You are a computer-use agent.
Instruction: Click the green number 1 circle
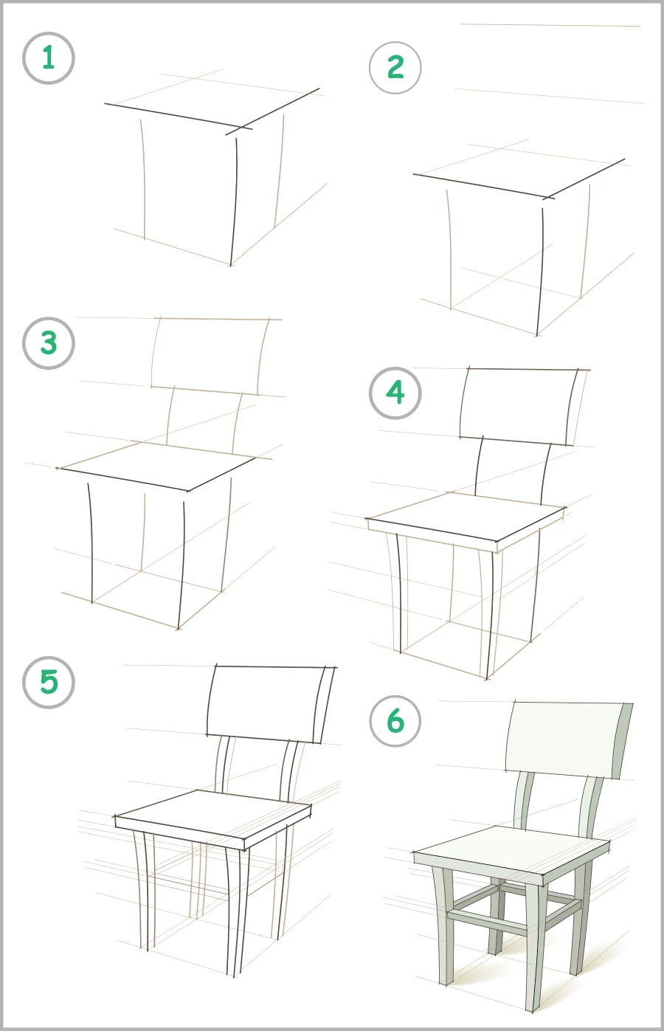[49, 58]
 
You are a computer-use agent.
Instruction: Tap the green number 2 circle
[395, 68]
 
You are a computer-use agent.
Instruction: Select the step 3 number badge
[49, 343]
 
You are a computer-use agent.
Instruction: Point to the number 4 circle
[395, 393]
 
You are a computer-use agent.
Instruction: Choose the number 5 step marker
[49, 682]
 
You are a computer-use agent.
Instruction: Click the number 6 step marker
[395, 721]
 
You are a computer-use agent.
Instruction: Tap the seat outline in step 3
[159, 465]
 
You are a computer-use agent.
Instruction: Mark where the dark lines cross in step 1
[238, 129]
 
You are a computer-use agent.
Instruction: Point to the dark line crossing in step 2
[548, 196]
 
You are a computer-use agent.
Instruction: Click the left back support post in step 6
[525, 801]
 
